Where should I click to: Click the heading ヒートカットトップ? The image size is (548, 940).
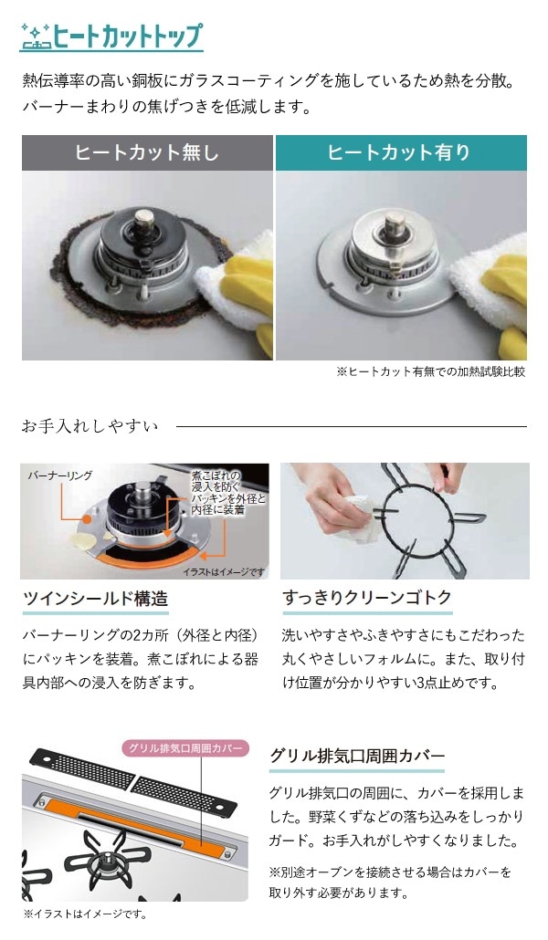pos(128,37)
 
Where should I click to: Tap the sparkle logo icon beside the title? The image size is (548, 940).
pos(35,37)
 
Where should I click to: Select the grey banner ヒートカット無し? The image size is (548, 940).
pos(147,152)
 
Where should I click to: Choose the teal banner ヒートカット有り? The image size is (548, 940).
pos(401,152)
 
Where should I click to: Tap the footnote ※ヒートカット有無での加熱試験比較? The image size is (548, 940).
pos(430,372)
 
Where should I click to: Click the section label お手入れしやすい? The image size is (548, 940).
pos(90,426)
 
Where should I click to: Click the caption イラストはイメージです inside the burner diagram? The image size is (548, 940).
pos(223,571)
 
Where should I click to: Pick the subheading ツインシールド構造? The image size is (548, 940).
pos(96,600)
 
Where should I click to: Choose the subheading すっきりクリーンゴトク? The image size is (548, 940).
pos(367,600)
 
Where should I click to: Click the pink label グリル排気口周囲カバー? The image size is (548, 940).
pos(184,748)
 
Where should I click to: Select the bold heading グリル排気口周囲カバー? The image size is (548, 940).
pos(357,757)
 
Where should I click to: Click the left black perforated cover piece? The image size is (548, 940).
pos(82,770)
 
